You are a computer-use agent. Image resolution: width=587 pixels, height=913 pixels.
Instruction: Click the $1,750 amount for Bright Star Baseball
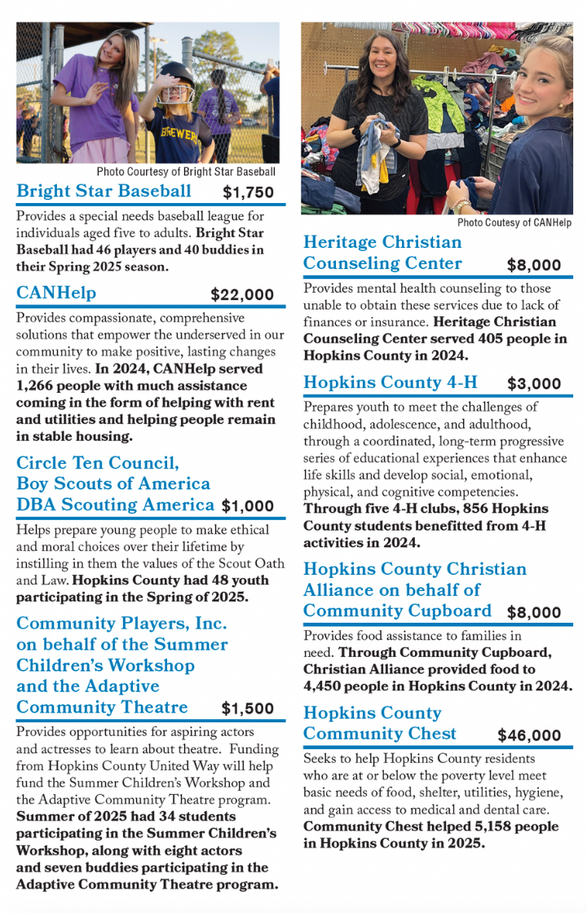(x=248, y=193)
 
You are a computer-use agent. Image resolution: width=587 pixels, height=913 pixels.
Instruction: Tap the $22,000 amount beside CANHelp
(x=241, y=295)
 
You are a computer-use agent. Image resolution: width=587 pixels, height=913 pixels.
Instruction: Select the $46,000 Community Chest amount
(x=529, y=735)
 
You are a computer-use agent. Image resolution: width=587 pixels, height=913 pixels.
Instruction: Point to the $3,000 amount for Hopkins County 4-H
(x=534, y=384)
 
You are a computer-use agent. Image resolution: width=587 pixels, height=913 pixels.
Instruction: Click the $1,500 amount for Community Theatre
(x=248, y=709)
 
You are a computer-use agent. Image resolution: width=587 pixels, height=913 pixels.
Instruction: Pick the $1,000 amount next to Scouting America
(x=248, y=506)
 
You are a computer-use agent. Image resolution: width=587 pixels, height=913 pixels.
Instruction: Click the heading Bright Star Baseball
(x=104, y=192)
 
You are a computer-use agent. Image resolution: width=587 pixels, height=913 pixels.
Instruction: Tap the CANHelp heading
(x=56, y=293)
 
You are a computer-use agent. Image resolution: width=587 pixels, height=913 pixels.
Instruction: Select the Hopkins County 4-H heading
(x=391, y=382)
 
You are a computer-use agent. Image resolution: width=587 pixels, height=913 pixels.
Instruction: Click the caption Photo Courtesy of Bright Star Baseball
(x=186, y=172)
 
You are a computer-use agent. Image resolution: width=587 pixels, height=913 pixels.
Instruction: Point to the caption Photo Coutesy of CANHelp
(x=514, y=223)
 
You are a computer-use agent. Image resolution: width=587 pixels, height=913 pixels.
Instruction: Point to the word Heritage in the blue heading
(x=342, y=242)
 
